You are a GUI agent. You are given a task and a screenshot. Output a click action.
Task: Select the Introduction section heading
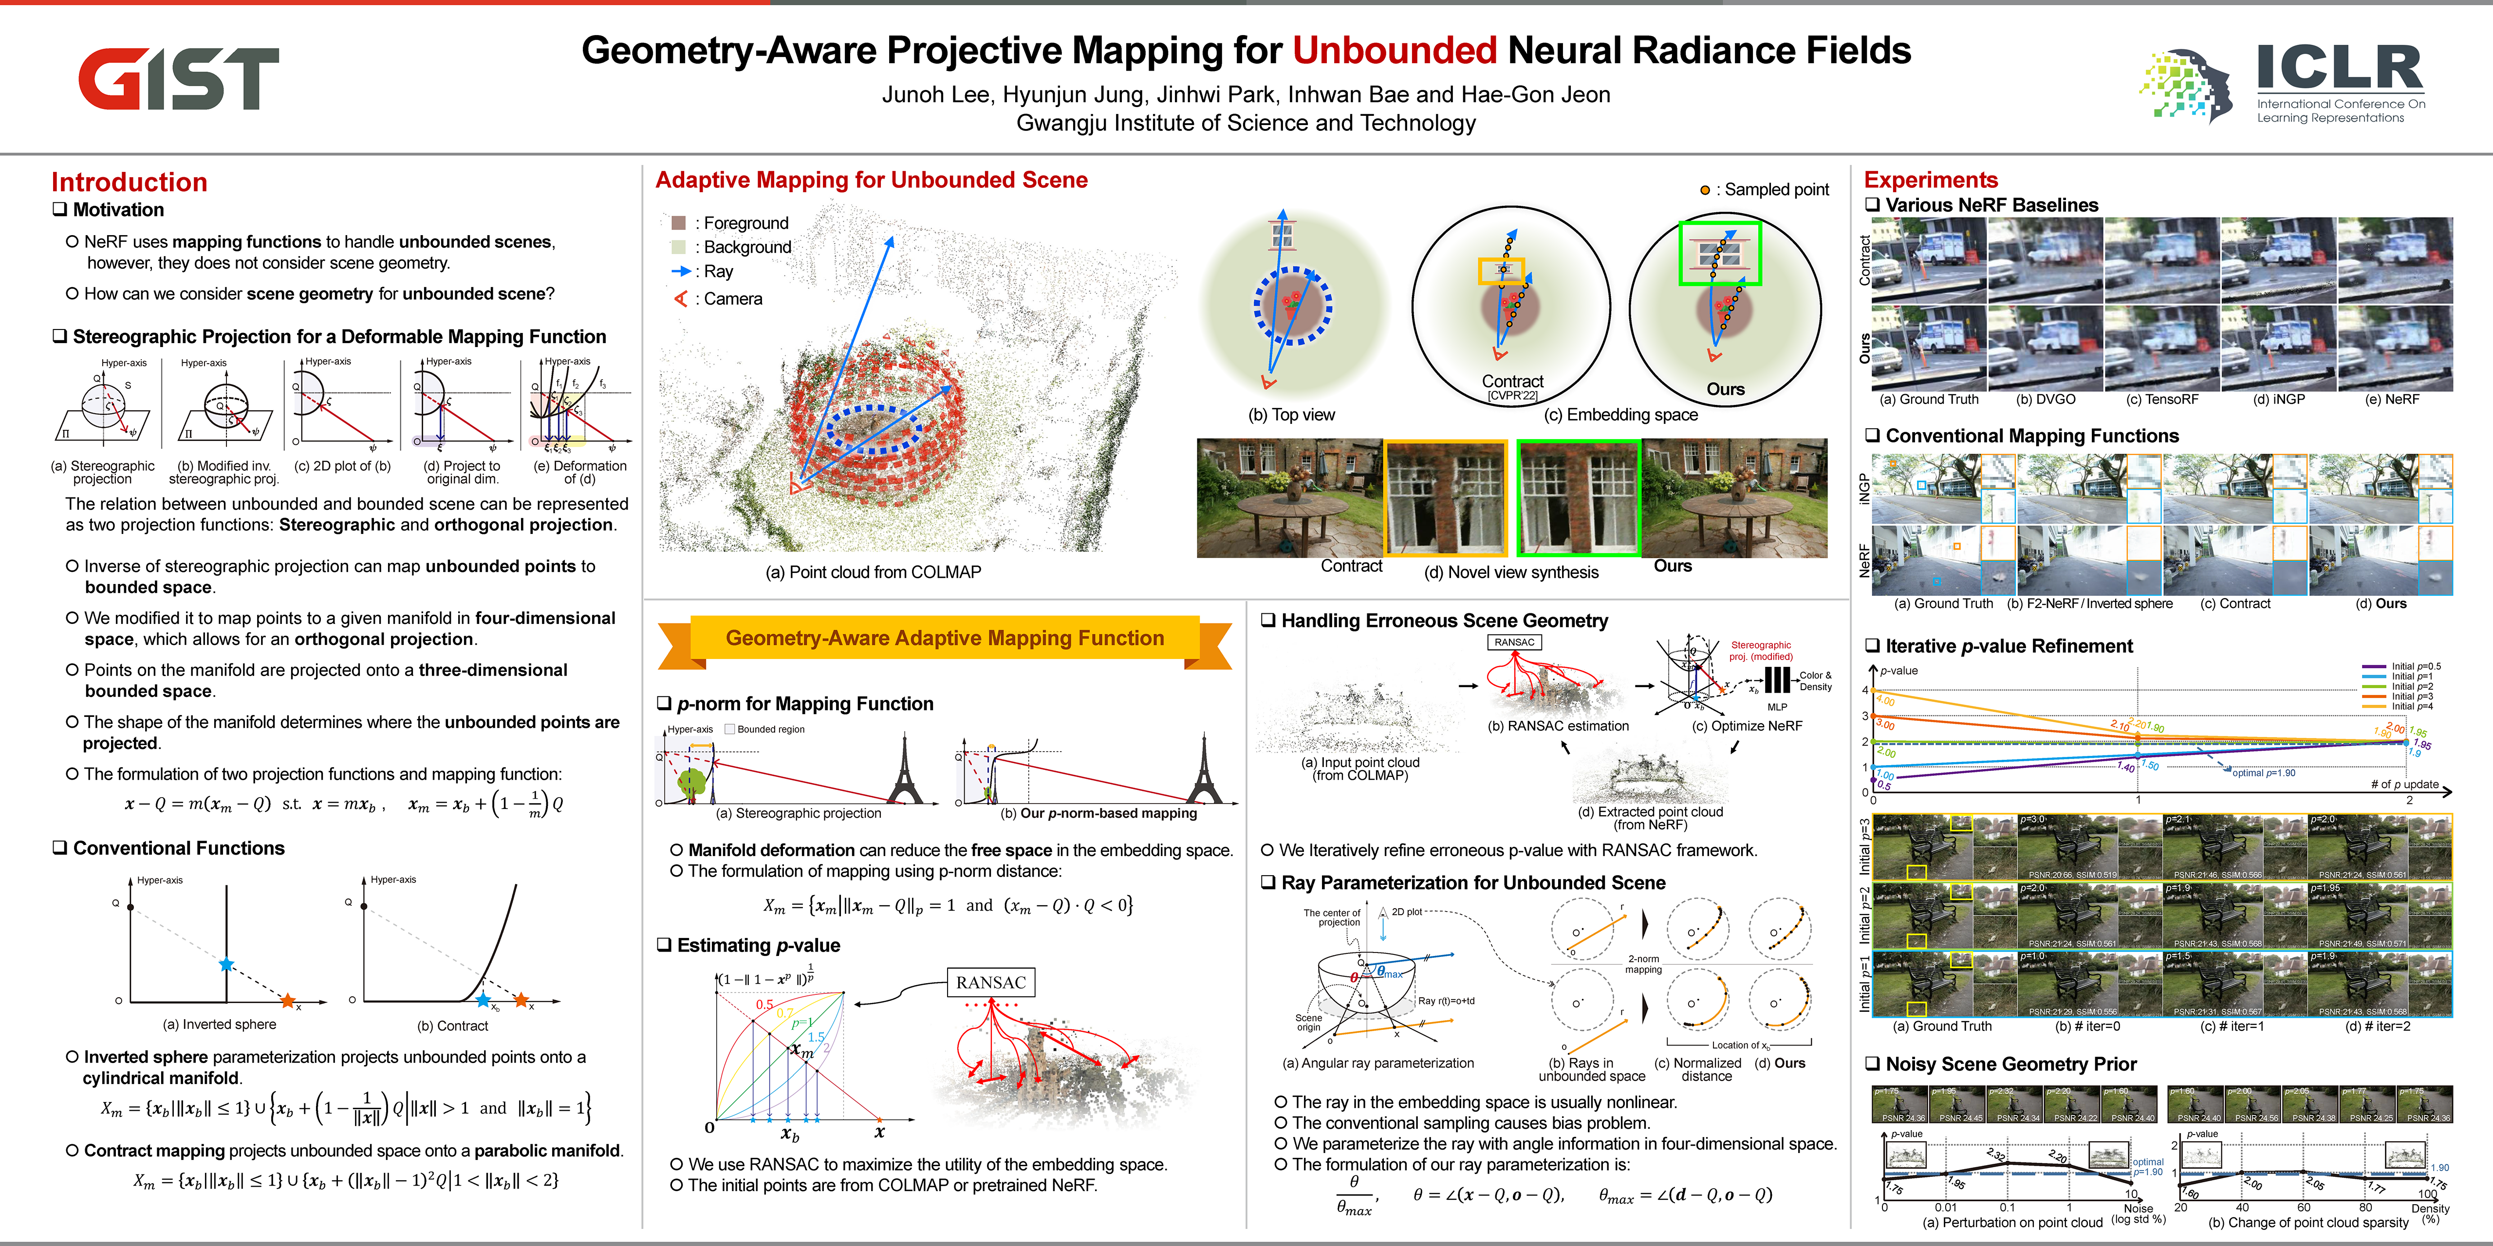[x=129, y=182]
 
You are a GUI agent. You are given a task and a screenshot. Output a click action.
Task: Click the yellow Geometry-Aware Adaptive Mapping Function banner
[x=945, y=639]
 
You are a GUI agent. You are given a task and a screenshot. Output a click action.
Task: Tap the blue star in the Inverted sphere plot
[x=226, y=965]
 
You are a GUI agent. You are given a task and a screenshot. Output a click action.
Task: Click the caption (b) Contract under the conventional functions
[x=452, y=1026]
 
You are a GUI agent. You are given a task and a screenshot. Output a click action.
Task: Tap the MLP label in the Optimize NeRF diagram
[x=1777, y=707]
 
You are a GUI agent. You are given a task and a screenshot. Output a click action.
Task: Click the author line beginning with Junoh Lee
[x=1246, y=95]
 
